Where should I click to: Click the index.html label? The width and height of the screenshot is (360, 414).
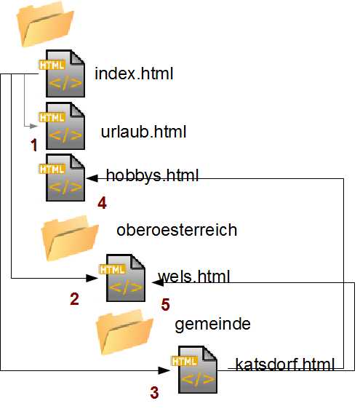click(134, 73)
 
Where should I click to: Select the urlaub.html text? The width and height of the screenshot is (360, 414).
click(143, 132)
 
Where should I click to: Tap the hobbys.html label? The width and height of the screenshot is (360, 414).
click(152, 175)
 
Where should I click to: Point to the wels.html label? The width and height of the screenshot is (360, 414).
click(194, 276)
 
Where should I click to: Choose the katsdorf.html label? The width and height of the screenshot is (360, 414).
click(285, 364)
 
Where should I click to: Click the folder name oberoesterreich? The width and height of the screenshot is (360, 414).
click(177, 230)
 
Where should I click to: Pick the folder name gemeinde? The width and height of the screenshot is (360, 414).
click(212, 324)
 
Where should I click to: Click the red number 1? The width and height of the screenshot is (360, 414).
click(33, 145)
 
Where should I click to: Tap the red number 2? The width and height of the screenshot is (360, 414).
click(74, 299)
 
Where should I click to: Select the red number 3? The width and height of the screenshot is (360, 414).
click(154, 392)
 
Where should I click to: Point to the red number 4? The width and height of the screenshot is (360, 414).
click(102, 203)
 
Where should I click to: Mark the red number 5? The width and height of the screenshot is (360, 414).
click(166, 304)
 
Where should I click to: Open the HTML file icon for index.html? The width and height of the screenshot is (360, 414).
click(62, 73)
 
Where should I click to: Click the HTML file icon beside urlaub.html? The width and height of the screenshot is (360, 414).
click(62, 126)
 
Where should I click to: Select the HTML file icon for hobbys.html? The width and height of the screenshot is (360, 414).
click(62, 178)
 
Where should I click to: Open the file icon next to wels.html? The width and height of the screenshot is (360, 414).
click(122, 278)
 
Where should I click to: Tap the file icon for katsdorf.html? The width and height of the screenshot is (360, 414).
click(194, 370)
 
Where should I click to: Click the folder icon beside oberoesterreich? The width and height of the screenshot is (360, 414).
click(70, 238)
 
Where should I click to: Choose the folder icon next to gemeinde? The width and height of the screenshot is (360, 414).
click(124, 333)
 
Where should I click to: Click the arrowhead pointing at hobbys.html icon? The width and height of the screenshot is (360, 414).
click(92, 178)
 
